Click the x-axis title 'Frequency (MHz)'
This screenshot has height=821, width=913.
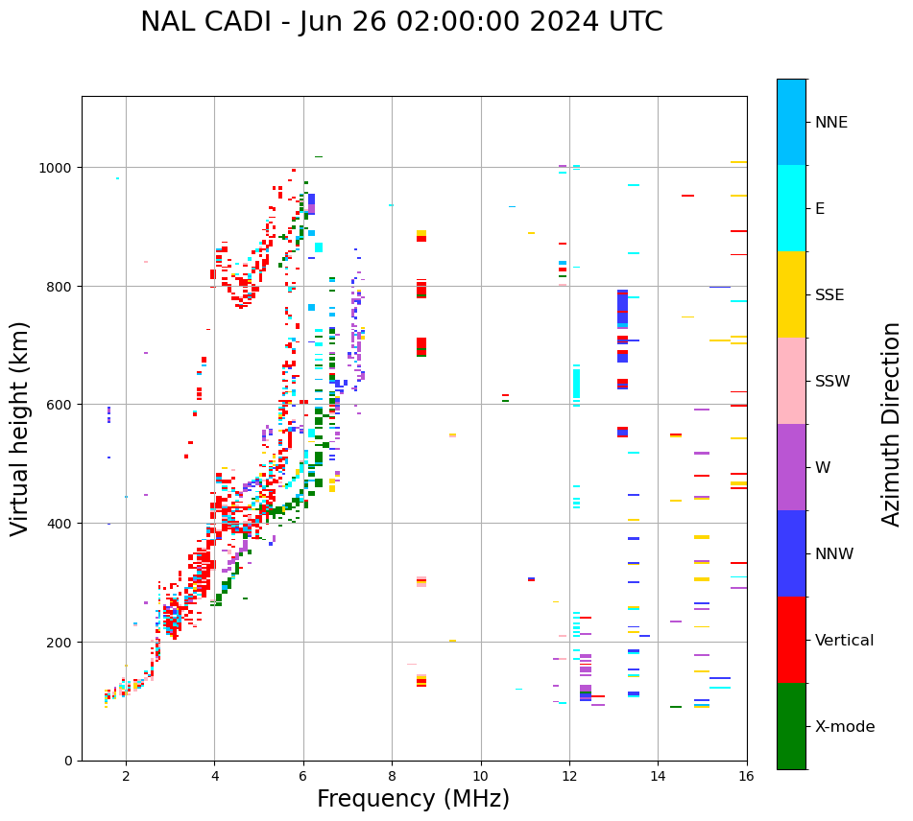point(413,799)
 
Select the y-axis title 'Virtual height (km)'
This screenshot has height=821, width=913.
point(20,428)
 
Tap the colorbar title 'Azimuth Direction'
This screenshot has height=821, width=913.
point(892,424)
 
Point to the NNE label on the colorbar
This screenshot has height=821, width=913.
point(831,122)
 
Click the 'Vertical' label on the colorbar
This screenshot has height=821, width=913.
point(844,640)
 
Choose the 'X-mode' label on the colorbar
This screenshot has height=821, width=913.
point(845,726)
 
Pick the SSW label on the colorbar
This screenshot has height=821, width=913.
point(832,381)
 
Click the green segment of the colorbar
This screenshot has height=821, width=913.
point(791,726)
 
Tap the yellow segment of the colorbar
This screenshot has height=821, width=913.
point(791,294)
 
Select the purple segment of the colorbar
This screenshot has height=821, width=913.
point(791,467)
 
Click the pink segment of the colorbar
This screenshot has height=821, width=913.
point(791,381)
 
